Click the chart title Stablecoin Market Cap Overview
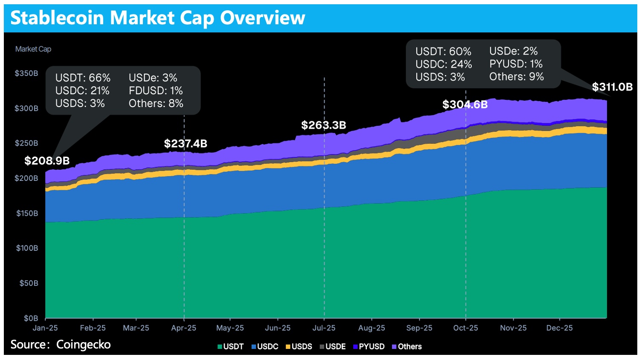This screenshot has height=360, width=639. click(x=157, y=18)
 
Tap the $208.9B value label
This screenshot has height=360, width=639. click(x=47, y=161)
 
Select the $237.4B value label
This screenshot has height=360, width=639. click(x=186, y=144)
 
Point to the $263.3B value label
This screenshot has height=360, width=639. click(x=323, y=125)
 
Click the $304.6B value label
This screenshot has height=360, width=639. click(x=465, y=105)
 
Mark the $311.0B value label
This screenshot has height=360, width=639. click(x=612, y=87)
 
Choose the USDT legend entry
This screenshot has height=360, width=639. click(x=230, y=347)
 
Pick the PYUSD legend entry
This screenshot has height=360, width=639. click(x=369, y=347)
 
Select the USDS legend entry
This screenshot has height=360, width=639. click(x=299, y=347)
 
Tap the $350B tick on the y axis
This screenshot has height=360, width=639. click(x=26, y=73)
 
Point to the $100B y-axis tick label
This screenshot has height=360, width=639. click(x=27, y=248)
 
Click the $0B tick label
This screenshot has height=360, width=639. click(x=31, y=318)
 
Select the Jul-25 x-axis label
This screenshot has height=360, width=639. click(x=324, y=328)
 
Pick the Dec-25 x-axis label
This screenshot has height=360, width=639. click(x=560, y=328)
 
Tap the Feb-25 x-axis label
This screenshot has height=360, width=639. click(x=93, y=328)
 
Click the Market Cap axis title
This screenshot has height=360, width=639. click(x=33, y=49)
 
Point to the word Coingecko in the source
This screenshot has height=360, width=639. click(x=84, y=345)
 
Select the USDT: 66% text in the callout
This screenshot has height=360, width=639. click(x=83, y=78)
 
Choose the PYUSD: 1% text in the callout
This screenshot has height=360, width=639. click(x=516, y=64)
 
